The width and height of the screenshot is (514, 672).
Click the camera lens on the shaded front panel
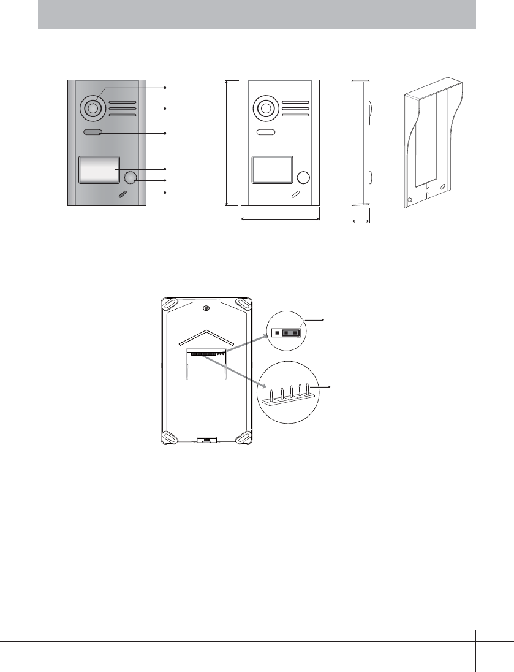click(x=92, y=109)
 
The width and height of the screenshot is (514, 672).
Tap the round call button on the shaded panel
click(x=130, y=178)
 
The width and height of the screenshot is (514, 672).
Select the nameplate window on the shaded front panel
click(x=98, y=170)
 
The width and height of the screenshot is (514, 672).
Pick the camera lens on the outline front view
click(x=265, y=109)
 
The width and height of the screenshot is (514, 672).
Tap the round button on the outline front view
click(x=303, y=178)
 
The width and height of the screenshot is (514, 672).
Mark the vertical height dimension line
click(x=227, y=143)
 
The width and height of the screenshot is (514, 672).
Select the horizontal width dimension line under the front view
click(x=280, y=217)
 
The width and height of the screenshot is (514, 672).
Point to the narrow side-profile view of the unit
click(x=360, y=142)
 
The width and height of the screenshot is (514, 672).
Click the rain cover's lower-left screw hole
click(x=409, y=200)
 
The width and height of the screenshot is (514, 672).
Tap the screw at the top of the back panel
click(x=206, y=308)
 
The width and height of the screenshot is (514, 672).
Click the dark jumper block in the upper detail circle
click(x=291, y=333)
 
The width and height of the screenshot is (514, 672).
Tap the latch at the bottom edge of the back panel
click(x=206, y=440)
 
